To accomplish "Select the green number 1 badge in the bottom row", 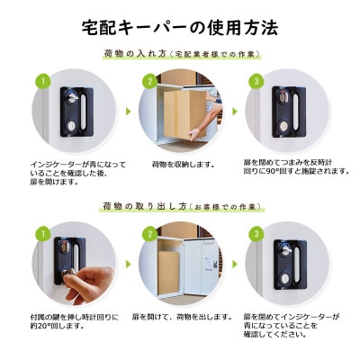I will pyautogui.click(x=39, y=232).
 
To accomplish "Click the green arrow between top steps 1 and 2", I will pyautogui.click(x=127, y=113).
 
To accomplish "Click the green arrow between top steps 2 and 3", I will pyautogui.click(x=235, y=113).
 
